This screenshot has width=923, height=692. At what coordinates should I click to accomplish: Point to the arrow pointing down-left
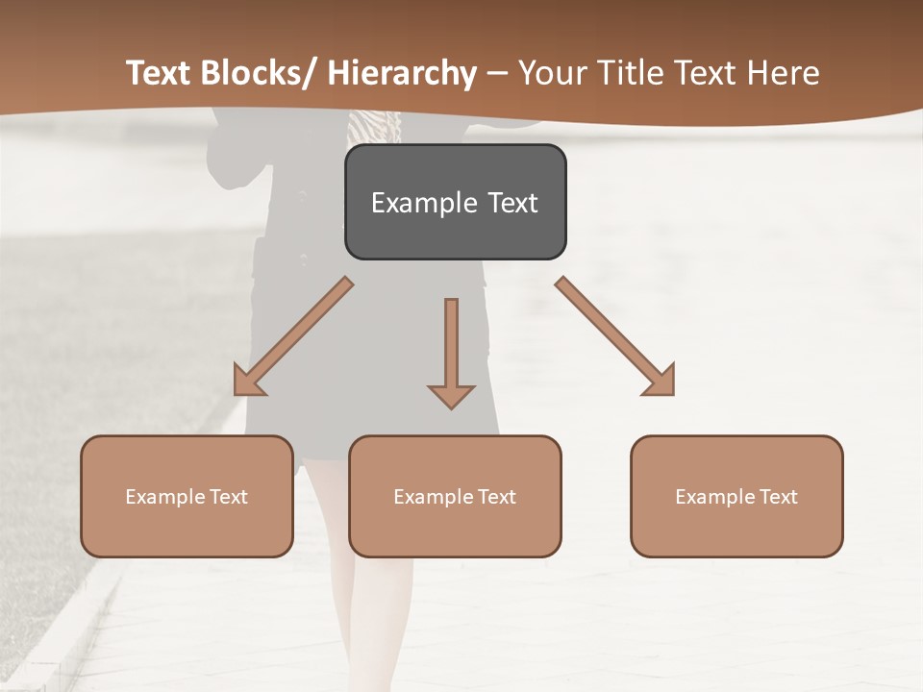point(293,336)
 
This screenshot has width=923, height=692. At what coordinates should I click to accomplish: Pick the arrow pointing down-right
point(615,336)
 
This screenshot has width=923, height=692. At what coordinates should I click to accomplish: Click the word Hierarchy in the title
point(401,73)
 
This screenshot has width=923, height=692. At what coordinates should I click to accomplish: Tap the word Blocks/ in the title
point(261,73)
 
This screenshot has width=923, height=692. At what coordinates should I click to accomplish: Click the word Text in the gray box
point(511,203)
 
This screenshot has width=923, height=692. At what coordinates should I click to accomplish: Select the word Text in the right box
point(777,497)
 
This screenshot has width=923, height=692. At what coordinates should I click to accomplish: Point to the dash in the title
point(497,73)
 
